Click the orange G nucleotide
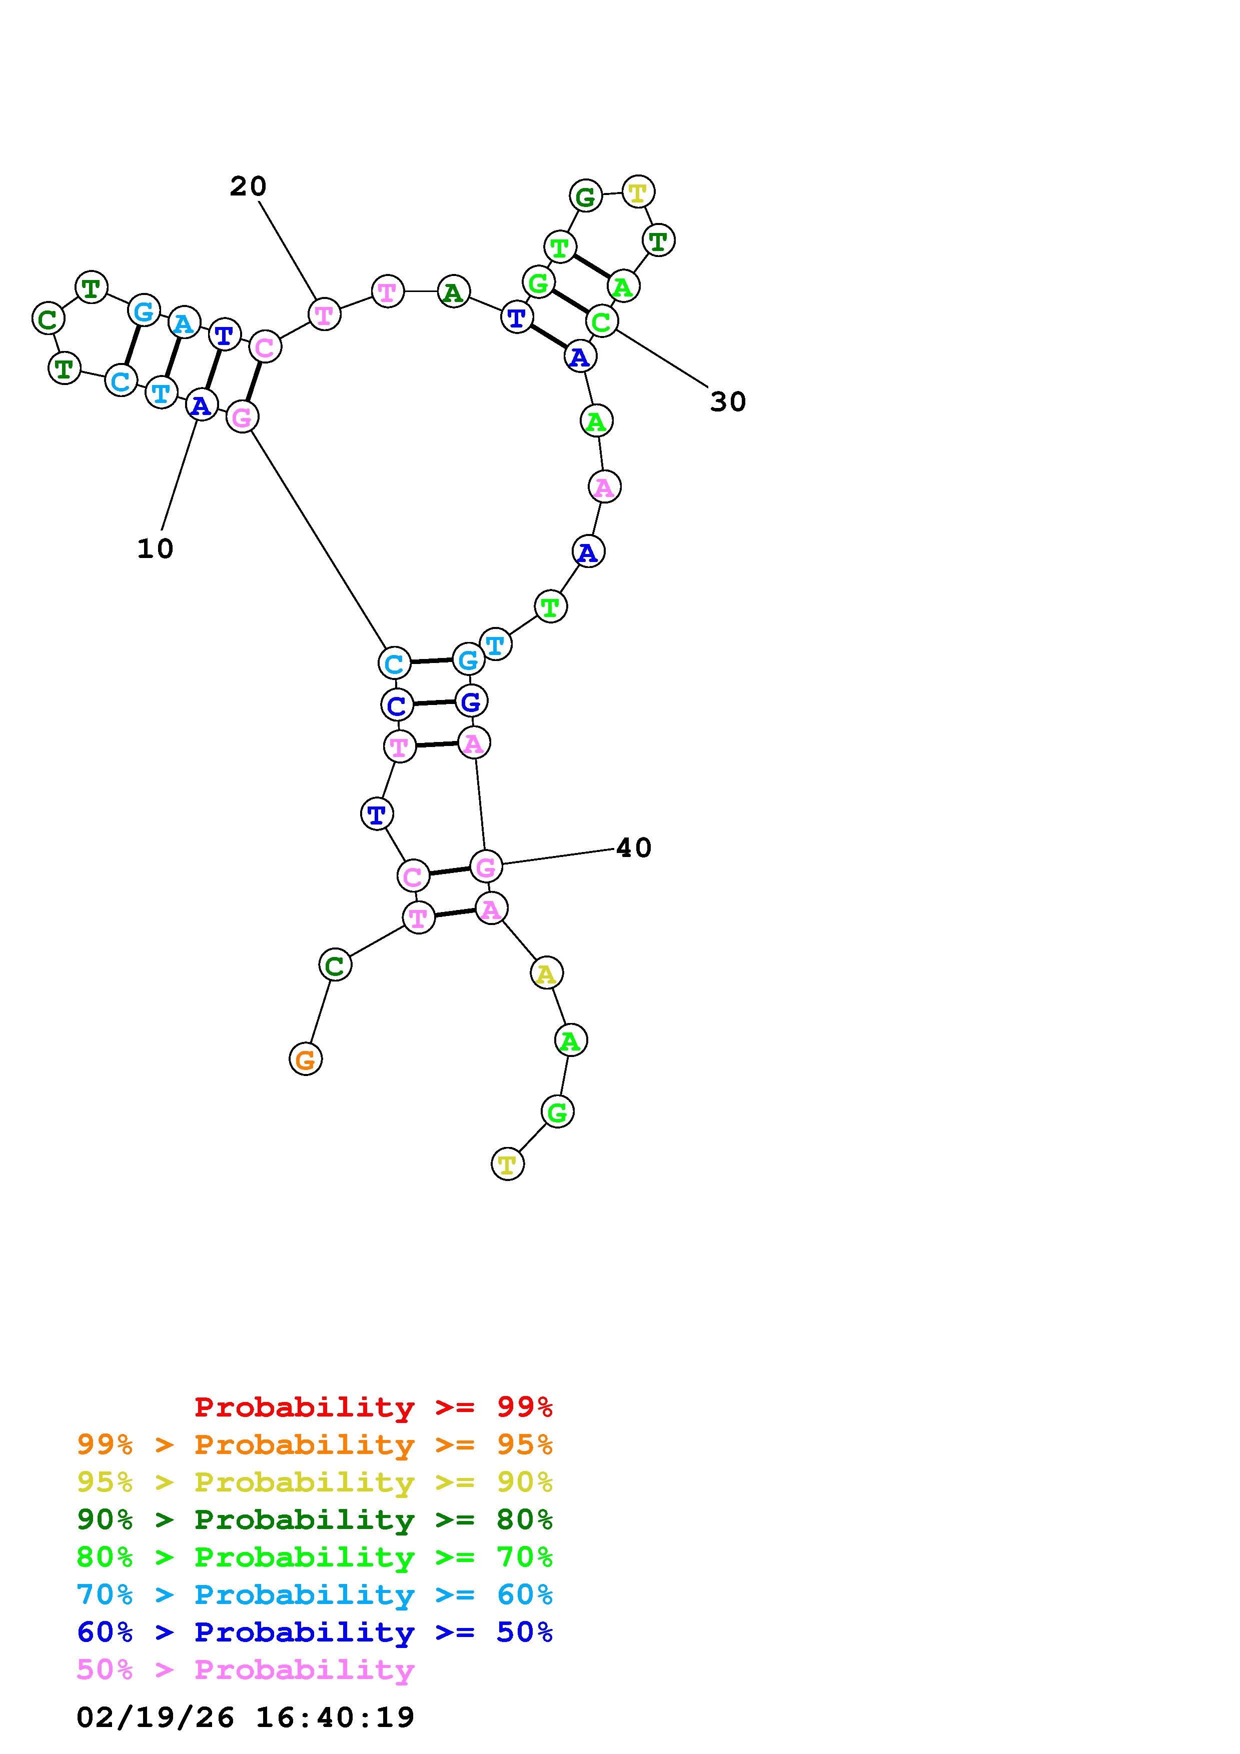click(x=306, y=1059)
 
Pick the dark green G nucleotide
click(x=585, y=197)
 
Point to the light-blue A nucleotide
click(x=184, y=323)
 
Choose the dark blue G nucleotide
click(x=471, y=700)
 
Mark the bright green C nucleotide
click(x=602, y=321)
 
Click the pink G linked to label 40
click(x=486, y=867)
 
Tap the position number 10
click(x=155, y=548)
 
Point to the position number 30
click(x=727, y=402)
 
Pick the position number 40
click(x=633, y=848)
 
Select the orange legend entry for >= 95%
click(x=315, y=1444)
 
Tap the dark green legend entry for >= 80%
click(x=315, y=1519)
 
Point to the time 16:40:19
click(x=335, y=1716)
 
